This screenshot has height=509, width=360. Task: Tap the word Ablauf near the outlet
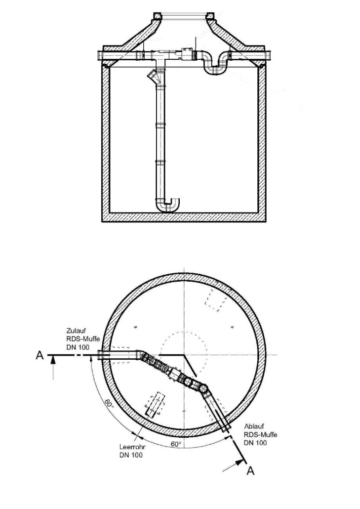254,426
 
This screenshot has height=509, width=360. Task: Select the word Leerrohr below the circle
130,447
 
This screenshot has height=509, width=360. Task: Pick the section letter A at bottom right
250,471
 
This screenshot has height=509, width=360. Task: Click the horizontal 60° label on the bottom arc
176,444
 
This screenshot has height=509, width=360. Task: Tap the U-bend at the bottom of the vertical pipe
168,204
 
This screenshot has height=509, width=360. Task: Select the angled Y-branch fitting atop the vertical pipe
155,77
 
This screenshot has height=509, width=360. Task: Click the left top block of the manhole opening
158,17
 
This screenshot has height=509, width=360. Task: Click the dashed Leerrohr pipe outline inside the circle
156,404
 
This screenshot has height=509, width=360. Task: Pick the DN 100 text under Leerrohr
131,455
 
